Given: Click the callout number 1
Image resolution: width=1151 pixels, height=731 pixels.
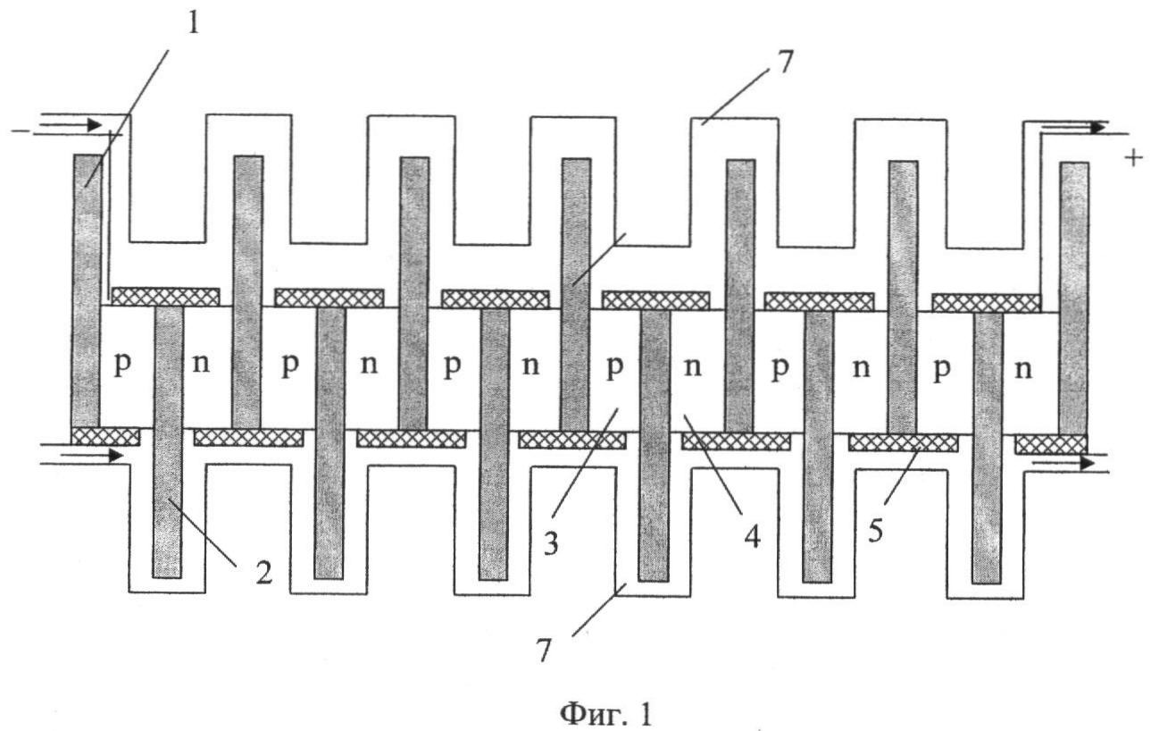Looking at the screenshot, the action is [x=193, y=23].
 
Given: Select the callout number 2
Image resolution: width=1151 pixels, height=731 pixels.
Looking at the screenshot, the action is [x=264, y=572].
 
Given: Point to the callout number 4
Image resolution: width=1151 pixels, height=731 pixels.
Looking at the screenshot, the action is [x=752, y=538].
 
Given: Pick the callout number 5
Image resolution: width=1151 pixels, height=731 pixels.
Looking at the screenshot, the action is [x=876, y=531].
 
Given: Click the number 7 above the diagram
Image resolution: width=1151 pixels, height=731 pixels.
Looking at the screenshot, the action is [x=785, y=63].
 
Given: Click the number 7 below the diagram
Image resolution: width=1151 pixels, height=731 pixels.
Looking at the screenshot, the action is [x=544, y=651].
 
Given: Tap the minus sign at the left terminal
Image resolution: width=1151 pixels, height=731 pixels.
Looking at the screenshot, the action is [x=21, y=131].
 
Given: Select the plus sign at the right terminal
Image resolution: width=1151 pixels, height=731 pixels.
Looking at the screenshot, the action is [x=1133, y=157].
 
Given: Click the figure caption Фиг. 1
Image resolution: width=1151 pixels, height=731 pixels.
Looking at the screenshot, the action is [x=606, y=713].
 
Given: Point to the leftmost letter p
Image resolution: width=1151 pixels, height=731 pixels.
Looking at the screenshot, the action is [x=121, y=365].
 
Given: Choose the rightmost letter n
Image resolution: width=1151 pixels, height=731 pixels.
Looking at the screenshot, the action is [x=1023, y=369].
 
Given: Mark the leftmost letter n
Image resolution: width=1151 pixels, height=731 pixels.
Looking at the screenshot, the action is [x=201, y=364].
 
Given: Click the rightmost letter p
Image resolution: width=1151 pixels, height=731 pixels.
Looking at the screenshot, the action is [x=941, y=370].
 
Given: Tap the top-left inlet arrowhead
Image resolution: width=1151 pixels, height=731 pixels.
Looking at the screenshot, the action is [x=95, y=124].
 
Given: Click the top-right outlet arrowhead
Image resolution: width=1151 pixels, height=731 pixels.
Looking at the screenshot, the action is [x=1098, y=128].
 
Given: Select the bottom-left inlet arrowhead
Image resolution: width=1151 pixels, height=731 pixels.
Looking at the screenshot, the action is [x=116, y=455].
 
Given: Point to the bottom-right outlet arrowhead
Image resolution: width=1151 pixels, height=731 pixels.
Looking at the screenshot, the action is [x=1088, y=463].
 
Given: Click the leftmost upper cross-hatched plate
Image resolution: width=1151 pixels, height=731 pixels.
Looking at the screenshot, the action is [x=165, y=297].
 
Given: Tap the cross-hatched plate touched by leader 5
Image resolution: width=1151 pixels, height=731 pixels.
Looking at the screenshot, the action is [x=903, y=442].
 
